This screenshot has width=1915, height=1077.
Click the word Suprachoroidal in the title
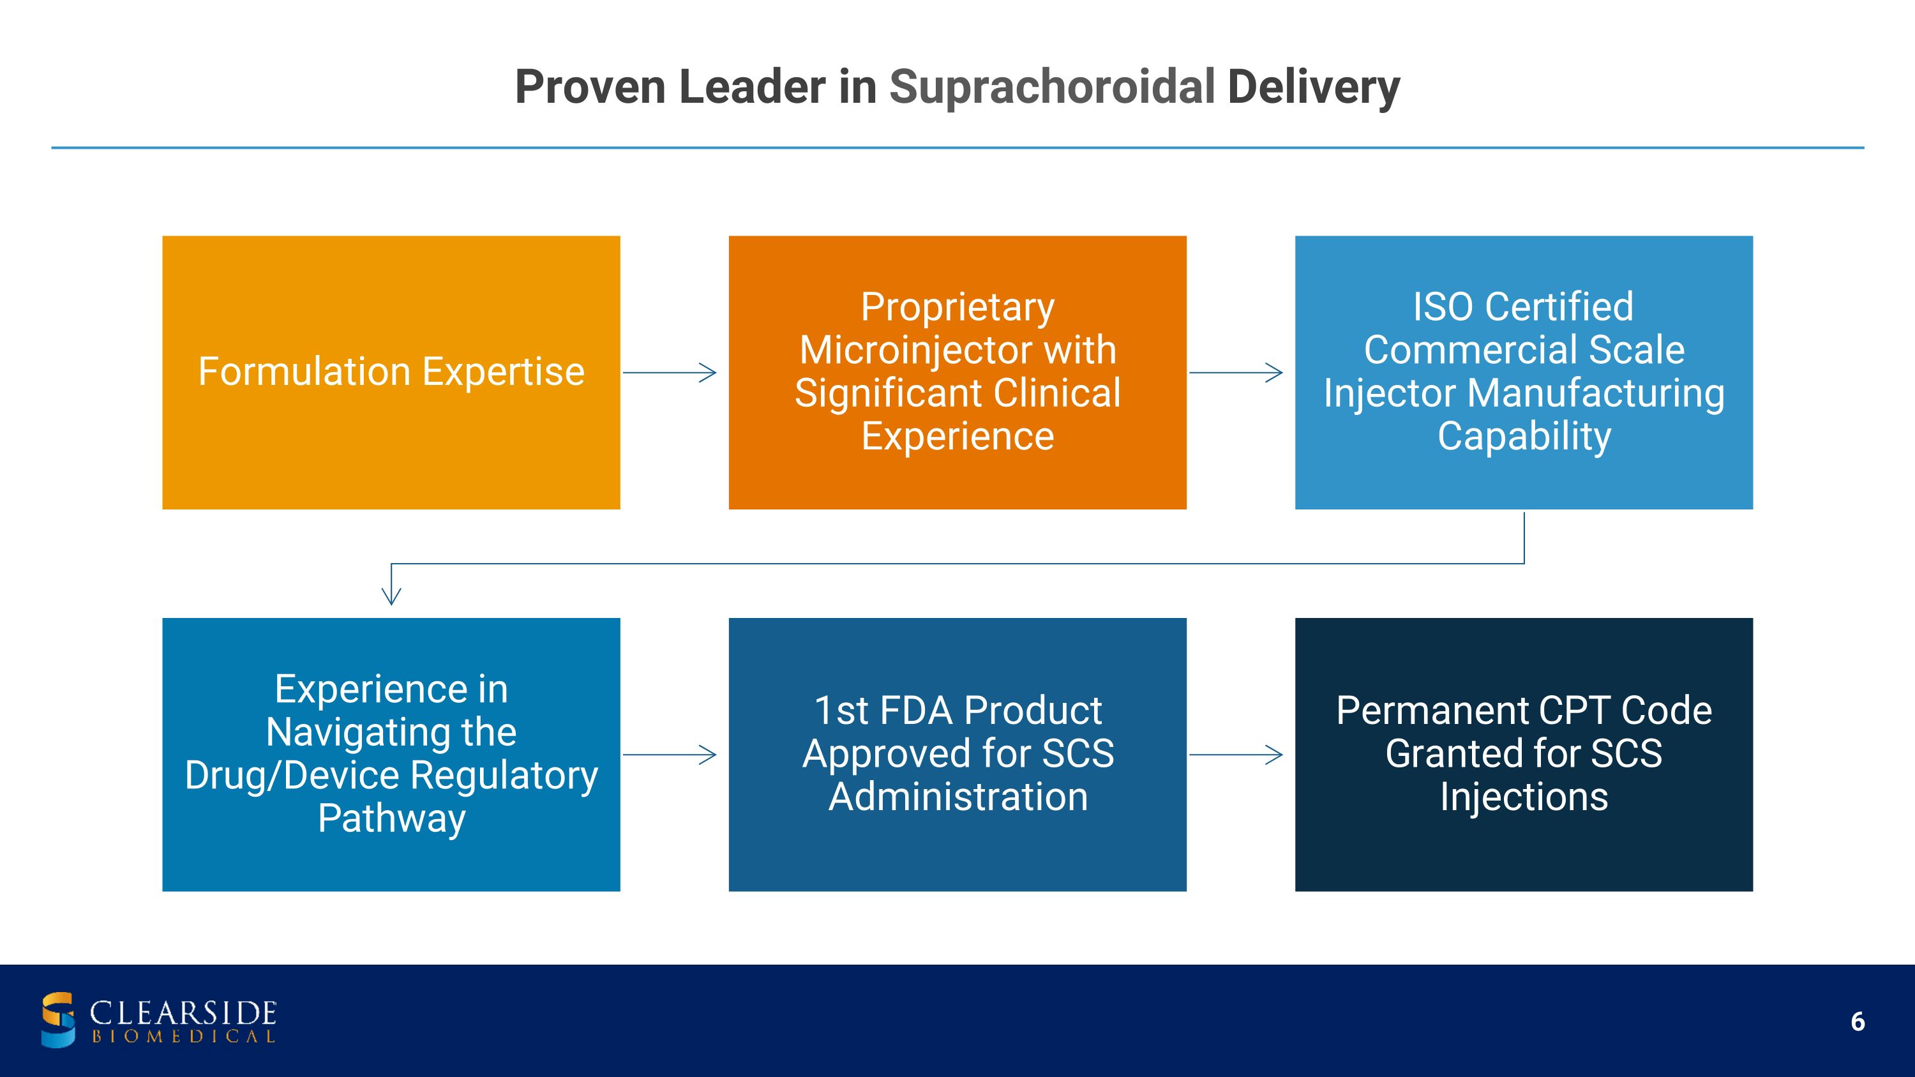[1051, 87]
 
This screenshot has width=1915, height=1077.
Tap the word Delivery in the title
[1314, 87]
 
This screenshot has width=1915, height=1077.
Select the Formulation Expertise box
[391, 372]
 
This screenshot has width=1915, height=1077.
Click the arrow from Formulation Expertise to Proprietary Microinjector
[670, 372]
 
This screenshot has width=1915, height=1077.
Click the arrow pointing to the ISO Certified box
[1236, 372]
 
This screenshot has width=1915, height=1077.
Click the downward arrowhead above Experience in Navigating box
[391, 594]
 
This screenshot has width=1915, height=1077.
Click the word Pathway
[392, 818]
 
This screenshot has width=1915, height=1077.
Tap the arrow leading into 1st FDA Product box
[670, 755]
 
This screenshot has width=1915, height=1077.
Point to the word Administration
[957, 797]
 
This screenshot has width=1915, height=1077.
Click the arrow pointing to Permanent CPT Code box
[1236, 755]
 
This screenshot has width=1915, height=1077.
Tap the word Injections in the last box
[1524, 797]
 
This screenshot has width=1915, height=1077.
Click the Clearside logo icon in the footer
[58, 1019]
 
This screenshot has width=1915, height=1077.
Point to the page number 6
[1857, 1022]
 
